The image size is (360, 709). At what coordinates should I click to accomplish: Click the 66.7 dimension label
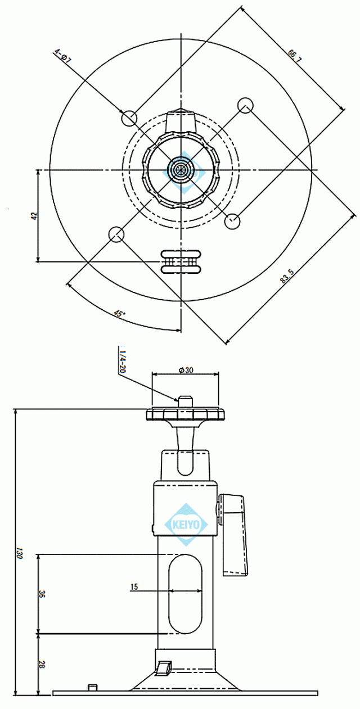pyautogui.click(x=294, y=56)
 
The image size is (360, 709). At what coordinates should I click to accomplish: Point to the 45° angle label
pyautogui.click(x=119, y=313)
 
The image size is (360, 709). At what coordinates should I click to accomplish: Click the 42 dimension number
pyautogui.click(x=34, y=216)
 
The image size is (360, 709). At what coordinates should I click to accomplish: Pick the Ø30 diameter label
pyautogui.click(x=186, y=370)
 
